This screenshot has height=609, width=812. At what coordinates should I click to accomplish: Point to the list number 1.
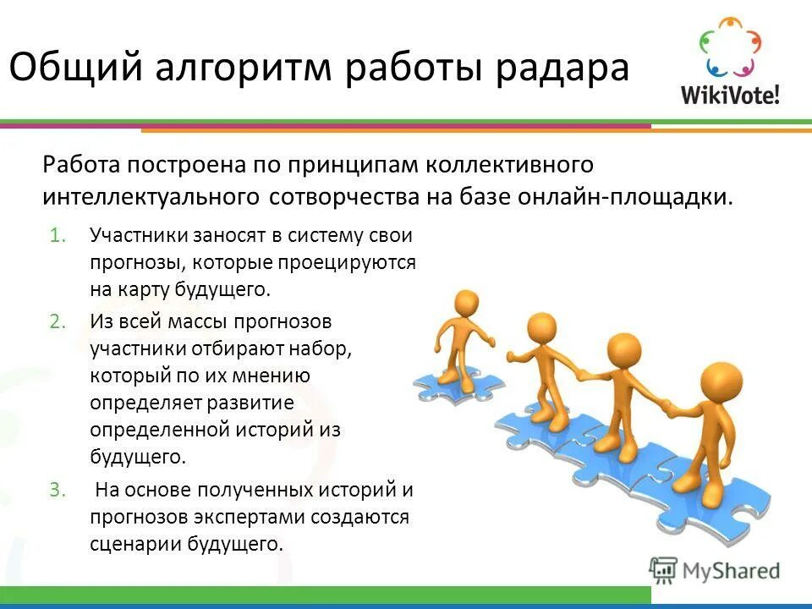(x=56, y=235)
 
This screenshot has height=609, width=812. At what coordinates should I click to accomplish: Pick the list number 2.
(x=56, y=321)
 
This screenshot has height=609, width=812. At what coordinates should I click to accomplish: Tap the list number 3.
(x=56, y=490)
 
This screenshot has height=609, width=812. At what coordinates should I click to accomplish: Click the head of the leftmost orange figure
(x=466, y=303)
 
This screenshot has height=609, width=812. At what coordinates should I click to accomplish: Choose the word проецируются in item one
(x=355, y=262)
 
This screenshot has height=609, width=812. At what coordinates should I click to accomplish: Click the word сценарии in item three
(x=130, y=543)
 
